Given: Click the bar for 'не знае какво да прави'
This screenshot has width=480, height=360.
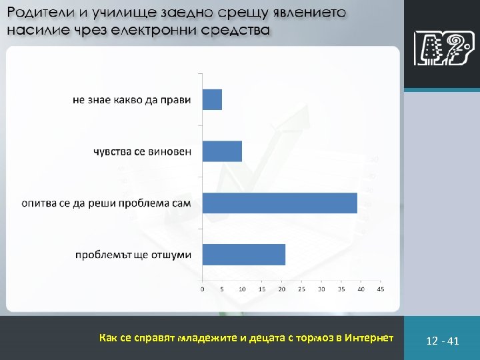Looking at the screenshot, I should (x=212, y=100).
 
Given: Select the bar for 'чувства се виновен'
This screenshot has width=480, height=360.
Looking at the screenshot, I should (x=222, y=151).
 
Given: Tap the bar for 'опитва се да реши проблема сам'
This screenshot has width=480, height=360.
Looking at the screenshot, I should (x=280, y=203).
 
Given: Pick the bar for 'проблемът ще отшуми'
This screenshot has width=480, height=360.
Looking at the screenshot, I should (x=244, y=254).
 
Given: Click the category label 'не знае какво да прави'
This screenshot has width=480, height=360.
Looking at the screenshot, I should (x=132, y=100).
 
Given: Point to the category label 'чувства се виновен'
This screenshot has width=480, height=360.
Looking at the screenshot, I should (x=142, y=151).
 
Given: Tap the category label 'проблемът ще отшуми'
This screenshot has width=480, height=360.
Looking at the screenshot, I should (x=133, y=255).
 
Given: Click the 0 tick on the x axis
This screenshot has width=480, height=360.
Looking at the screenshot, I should (x=203, y=289).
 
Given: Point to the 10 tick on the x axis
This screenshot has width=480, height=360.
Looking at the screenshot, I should (x=242, y=289).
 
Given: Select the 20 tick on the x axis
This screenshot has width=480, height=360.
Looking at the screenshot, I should (x=281, y=289).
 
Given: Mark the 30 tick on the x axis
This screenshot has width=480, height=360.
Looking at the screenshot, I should (x=321, y=289).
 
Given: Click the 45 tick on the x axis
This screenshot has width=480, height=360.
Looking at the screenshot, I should (x=381, y=289).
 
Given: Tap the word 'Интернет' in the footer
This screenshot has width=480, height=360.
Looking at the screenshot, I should (x=367, y=338).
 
